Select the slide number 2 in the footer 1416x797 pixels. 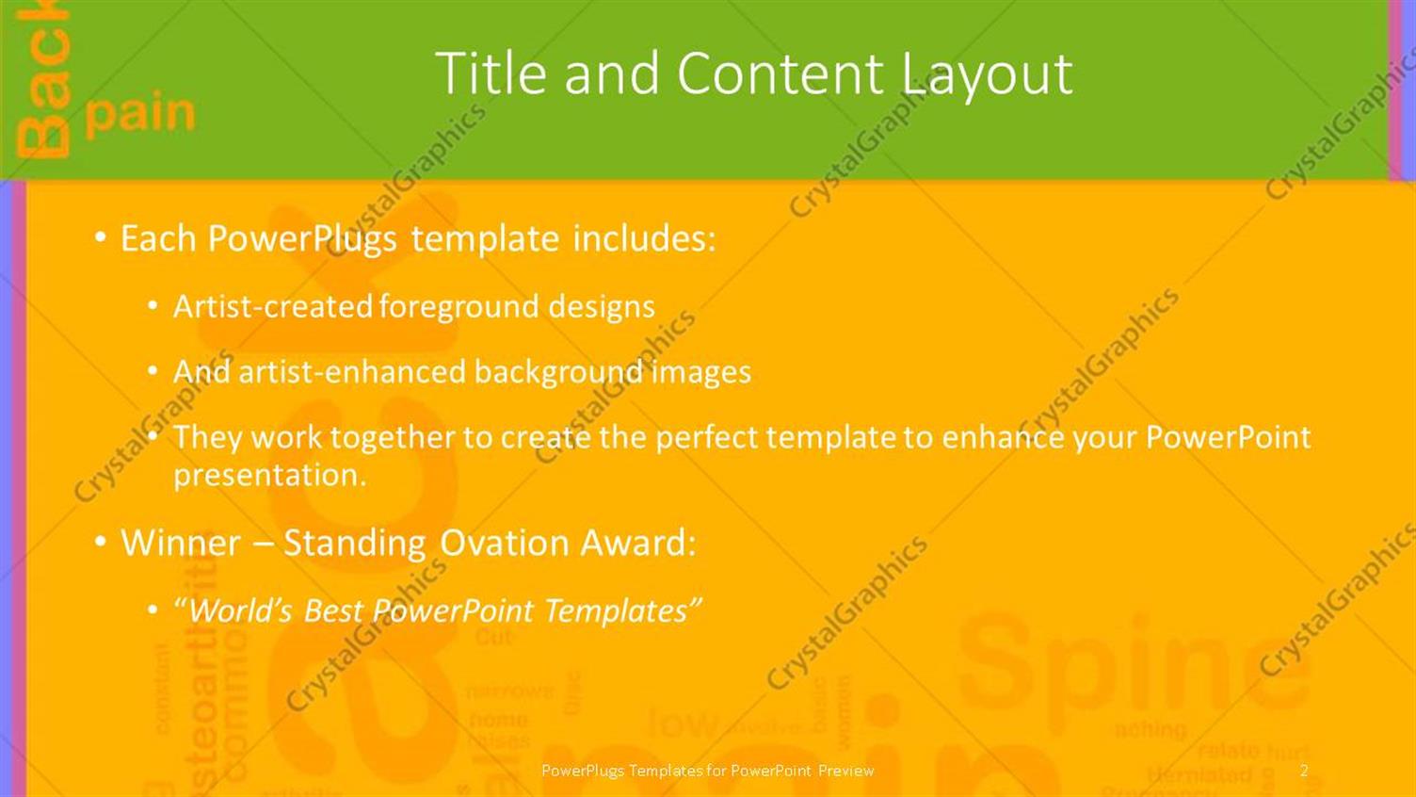(x=1304, y=771)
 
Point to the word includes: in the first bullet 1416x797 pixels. (x=644, y=238)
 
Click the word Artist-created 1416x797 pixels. (x=273, y=306)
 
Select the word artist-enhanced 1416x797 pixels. (x=353, y=372)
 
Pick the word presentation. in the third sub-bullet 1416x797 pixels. (x=269, y=475)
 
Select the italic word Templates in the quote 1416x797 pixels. (x=621, y=611)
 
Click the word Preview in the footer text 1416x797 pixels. (x=845, y=771)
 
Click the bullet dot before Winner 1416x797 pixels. (x=101, y=543)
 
